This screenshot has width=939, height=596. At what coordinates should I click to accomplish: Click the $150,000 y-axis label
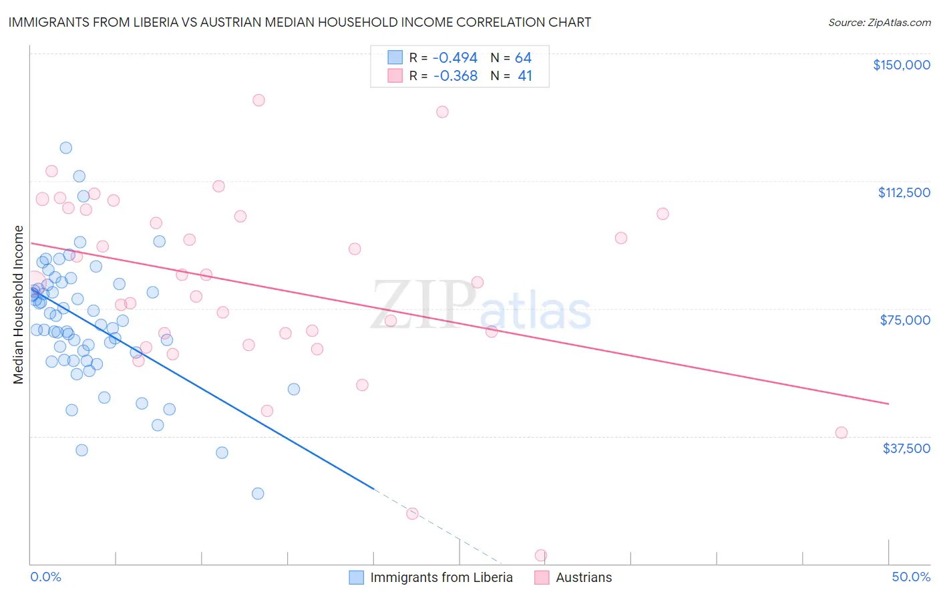(x=901, y=65)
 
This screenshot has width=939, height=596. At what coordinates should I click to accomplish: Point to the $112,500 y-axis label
(x=904, y=192)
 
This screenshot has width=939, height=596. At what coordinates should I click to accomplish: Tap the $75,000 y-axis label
(x=905, y=320)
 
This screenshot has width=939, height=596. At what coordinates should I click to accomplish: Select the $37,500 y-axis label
(x=906, y=448)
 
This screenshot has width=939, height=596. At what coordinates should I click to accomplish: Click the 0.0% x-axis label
(x=45, y=577)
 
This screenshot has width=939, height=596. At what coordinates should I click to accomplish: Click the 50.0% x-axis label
(x=911, y=577)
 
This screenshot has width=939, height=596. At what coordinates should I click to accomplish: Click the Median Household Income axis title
(x=19, y=305)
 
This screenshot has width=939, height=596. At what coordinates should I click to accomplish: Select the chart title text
(x=299, y=22)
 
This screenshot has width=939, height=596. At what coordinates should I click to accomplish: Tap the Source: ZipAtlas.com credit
(x=879, y=22)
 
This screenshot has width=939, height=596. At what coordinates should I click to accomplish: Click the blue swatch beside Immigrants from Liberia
(x=357, y=577)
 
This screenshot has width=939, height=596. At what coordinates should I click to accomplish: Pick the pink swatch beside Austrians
(x=542, y=577)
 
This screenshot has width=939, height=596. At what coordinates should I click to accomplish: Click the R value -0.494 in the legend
(x=455, y=58)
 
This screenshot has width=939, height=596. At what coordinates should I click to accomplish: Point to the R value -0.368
(x=455, y=76)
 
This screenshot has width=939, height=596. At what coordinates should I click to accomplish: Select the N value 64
(x=523, y=58)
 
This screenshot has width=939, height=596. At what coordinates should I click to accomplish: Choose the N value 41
(x=525, y=76)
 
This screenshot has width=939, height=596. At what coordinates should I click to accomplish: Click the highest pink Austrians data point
(x=258, y=100)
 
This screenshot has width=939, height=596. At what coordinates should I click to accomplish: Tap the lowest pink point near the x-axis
(x=541, y=555)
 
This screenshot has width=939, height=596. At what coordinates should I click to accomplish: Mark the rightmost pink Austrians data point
(x=841, y=432)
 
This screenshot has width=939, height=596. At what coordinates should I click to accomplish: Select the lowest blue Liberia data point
(x=258, y=494)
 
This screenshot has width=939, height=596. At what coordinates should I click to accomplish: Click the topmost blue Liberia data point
(x=65, y=148)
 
